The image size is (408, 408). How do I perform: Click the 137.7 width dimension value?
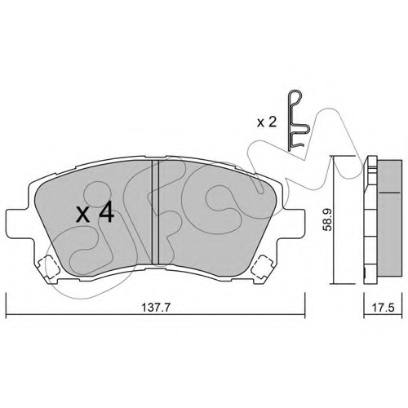pyautogui.click(x=156, y=308)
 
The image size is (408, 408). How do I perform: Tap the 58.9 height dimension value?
pyautogui.click(x=327, y=220)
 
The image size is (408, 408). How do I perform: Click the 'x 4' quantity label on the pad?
pyautogui.click(x=95, y=213)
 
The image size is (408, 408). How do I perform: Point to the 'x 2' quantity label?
pyautogui.click(x=267, y=122)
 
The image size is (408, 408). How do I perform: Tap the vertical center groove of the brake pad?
pyautogui.click(x=155, y=212)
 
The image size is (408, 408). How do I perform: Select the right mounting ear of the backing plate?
pyautogui.click(x=294, y=223)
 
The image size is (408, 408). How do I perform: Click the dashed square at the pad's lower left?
pyautogui.click(x=48, y=267)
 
